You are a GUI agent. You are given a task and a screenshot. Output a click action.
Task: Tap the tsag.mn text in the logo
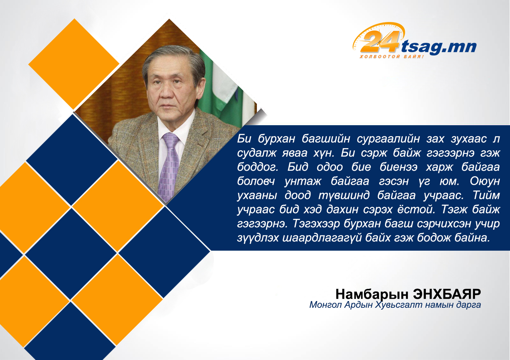(438, 47)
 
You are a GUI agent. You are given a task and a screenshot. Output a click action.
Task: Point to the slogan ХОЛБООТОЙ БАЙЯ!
(391, 56)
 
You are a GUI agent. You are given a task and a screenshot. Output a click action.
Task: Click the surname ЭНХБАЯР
(447, 294)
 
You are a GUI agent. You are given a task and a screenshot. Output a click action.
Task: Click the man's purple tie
(169, 166)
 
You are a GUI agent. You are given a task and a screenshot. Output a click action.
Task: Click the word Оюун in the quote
(485, 181)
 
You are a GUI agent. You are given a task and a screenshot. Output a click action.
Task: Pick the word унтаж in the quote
(303, 182)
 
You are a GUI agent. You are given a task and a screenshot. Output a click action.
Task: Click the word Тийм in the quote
(486, 195)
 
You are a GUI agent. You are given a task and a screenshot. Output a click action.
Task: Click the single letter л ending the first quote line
(496, 139)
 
